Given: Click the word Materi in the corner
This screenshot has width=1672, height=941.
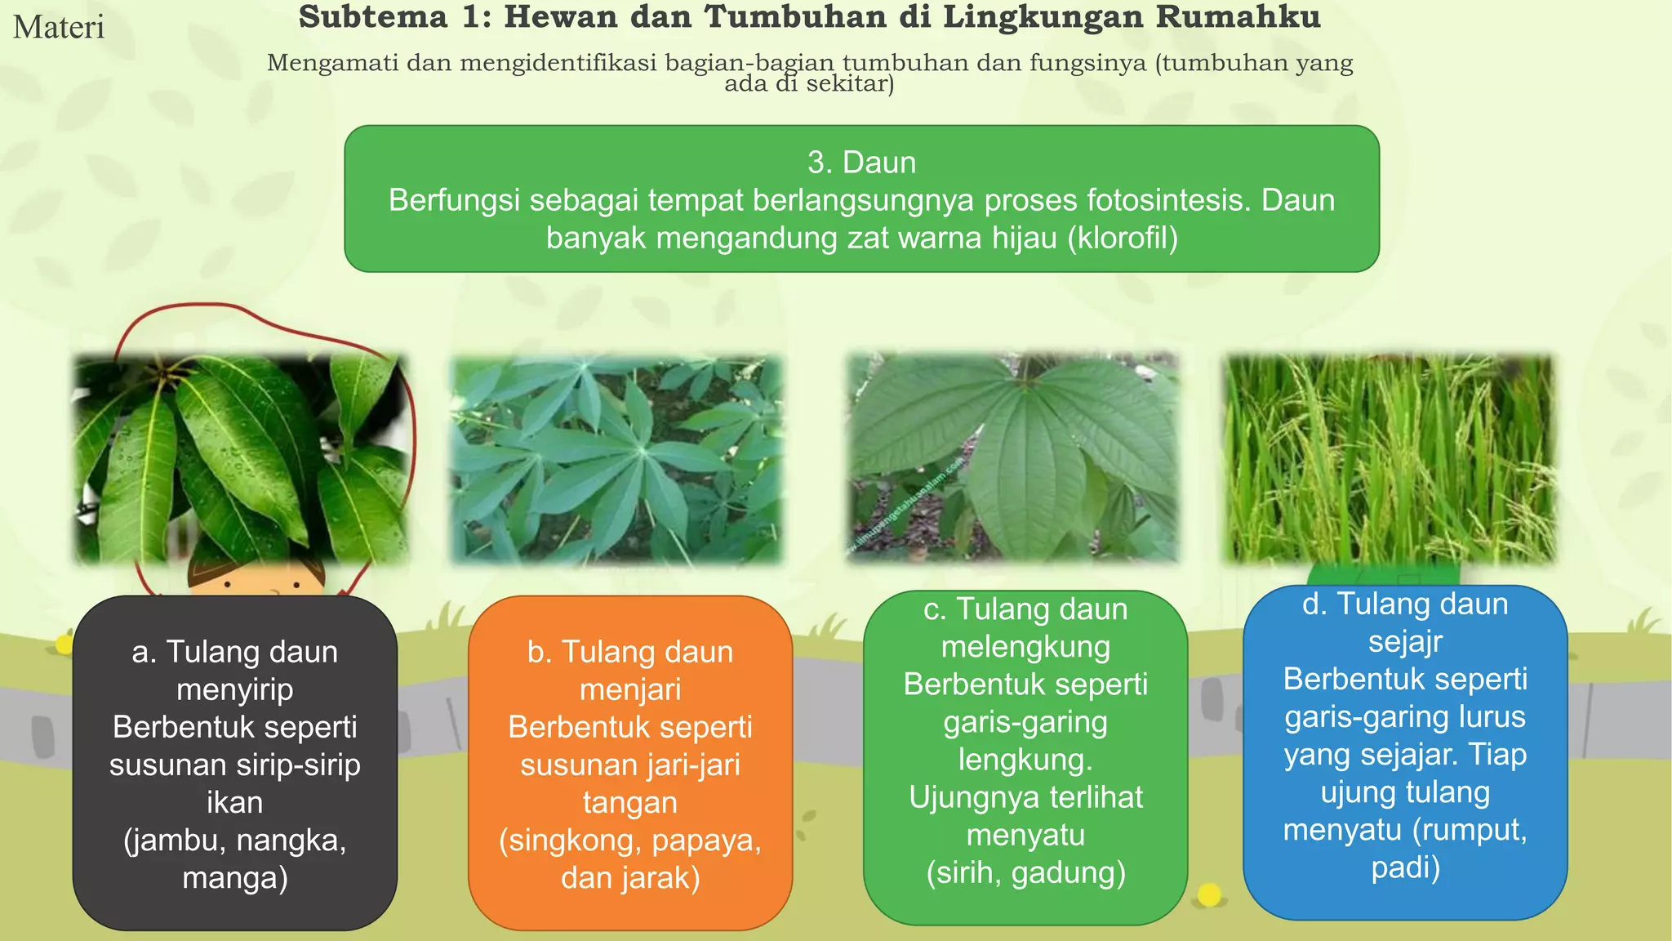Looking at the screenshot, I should pos(59,28).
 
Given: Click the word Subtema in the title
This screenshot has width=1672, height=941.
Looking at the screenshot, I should pos(373,17).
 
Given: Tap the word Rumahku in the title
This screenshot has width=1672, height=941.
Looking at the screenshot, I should pos(1238,17).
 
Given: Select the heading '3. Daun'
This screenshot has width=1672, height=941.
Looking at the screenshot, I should pos(861,163).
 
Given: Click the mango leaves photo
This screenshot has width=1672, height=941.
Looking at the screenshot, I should pos(240,459).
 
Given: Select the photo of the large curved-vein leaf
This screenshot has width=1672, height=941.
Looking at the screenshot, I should pos(1013,457).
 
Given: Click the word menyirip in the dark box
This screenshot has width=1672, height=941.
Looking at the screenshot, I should pos(234,689).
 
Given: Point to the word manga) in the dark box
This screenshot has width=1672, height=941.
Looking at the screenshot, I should pos(234,877).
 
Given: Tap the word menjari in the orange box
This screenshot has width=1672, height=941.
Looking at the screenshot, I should pos(629,689).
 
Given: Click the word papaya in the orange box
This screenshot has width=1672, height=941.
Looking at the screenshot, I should pos(707,840).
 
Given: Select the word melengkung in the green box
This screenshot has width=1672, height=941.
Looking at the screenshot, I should pos(1025,647).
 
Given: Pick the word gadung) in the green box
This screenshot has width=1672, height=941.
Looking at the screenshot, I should pos(1069,872).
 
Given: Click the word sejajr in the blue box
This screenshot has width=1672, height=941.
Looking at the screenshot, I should pos(1405,641).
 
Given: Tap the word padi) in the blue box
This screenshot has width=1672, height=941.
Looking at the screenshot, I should pos(1405,867).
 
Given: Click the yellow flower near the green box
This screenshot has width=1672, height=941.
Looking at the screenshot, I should pos(1209,895).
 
